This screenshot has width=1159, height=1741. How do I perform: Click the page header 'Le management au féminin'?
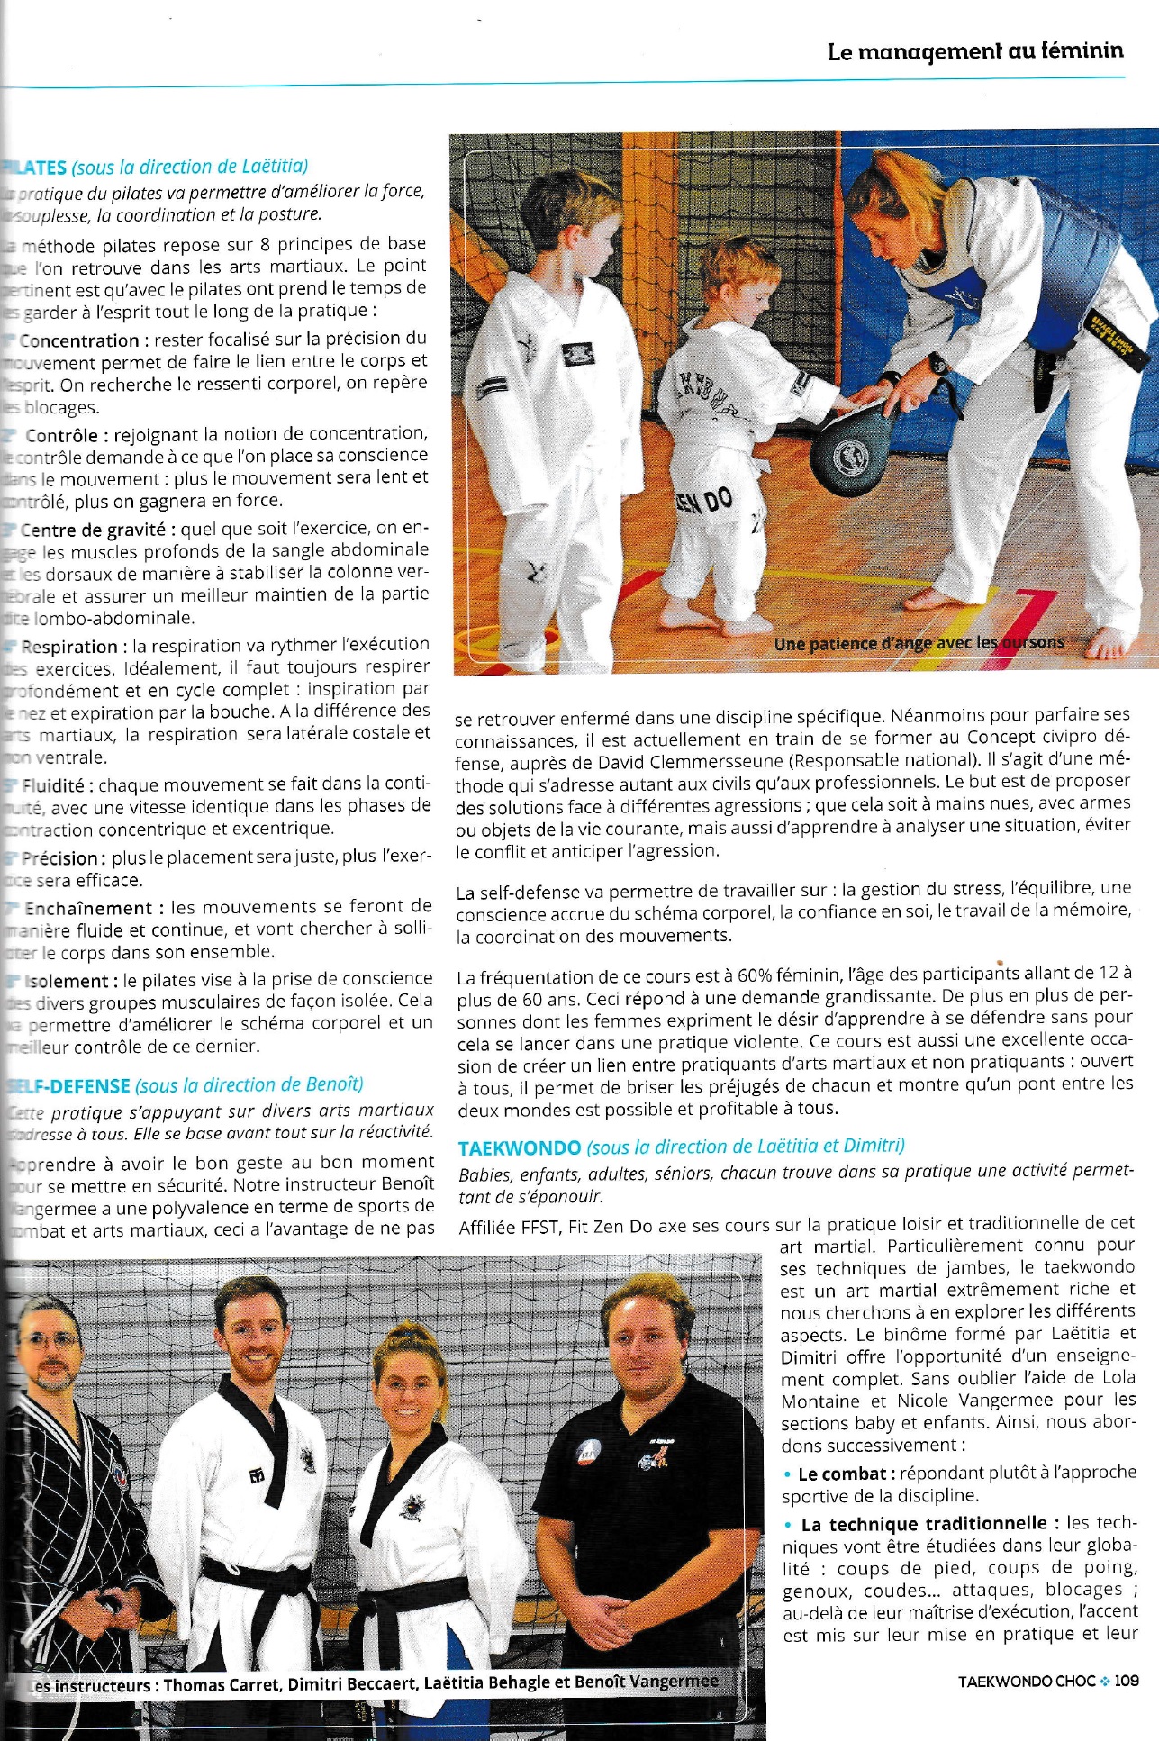pyautogui.click(x=974, y=51)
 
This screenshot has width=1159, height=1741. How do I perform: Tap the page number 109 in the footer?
pyautogui.click(x=1126, y=1681)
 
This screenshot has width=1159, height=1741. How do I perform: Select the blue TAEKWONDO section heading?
pyautogui.click(x=519, y=1148)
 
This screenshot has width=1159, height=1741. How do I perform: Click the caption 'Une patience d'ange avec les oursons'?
pyautogui.click(x=919, y=643)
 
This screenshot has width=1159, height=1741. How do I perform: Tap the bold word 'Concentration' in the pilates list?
pyautogui.click(x=79, y=340)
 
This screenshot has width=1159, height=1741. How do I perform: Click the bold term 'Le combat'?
pyautogui.click(x=842, y=1474)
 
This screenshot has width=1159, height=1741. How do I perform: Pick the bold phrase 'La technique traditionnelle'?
pyautogui.click(x=924, y=1524)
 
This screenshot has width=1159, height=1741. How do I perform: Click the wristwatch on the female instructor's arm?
pyautogui.click(x=938, y=364)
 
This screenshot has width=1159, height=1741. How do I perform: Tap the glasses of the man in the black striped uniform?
pyautogui.click(x=52, y=1340)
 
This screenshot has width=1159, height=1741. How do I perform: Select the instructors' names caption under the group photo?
pyautogui.click(x=374, y=1682)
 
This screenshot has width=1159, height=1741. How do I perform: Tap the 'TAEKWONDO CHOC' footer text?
pyautogui.click(x=1027, y=1681)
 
